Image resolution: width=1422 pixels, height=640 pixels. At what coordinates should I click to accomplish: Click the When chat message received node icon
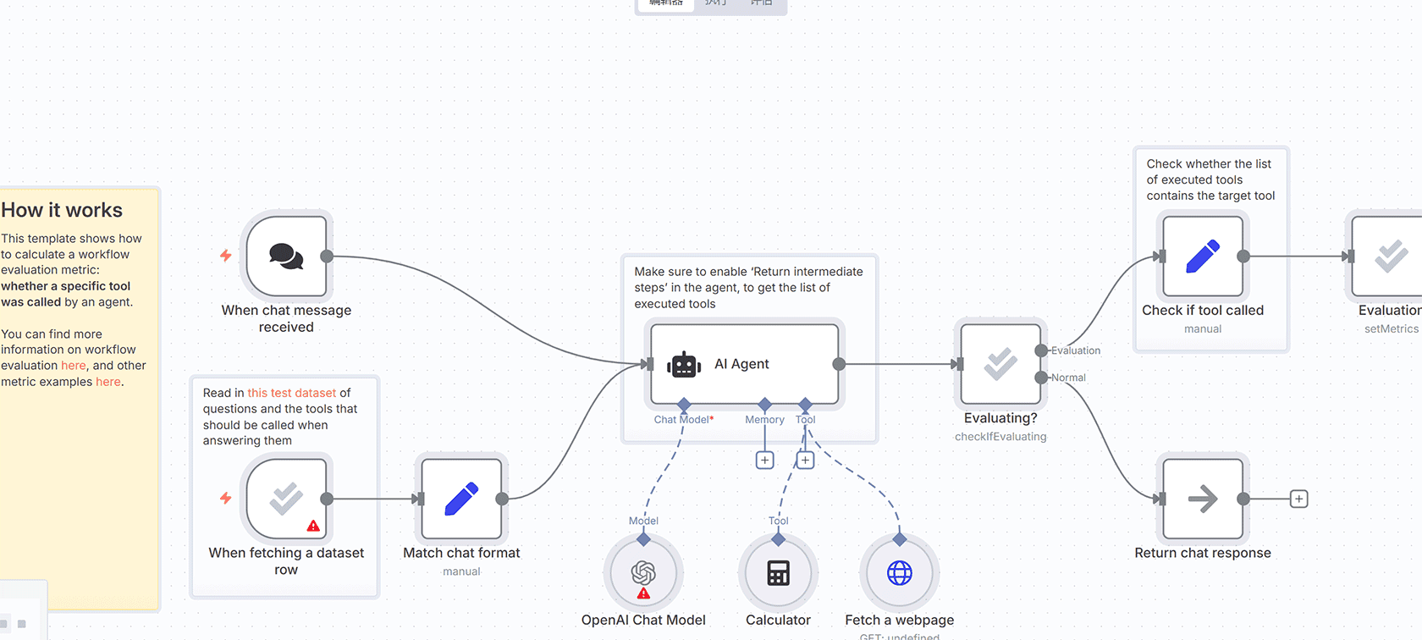click(286, 256)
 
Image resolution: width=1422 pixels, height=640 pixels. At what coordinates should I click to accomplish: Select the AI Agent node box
click(744, 364)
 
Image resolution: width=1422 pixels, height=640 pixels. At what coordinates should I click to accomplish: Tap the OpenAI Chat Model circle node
click(643, 573)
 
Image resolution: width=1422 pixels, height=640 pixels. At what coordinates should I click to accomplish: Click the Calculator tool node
click(778, 573)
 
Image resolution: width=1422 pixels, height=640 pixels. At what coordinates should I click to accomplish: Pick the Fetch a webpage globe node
click(899, 573)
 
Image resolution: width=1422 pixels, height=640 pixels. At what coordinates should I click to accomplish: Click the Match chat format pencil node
click(461, 499)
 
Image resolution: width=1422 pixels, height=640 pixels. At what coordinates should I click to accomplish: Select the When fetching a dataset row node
click(286, 499)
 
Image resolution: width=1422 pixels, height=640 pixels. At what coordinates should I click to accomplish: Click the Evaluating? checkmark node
click(1000, 364)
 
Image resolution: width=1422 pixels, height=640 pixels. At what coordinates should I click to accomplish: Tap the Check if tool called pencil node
click(1203, 256)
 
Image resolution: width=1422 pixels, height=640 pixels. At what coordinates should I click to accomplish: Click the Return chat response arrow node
click(1203, 499)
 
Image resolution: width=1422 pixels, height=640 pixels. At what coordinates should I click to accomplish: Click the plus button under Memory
click(764, 461)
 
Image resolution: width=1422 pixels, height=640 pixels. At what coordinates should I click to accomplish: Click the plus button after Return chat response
click(1298, 499)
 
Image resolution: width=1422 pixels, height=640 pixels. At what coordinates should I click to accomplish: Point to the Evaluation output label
click(1076, 350)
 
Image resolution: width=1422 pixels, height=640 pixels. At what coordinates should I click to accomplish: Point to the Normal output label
click(1068, 378)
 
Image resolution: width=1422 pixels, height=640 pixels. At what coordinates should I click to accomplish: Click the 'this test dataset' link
click(291, 393)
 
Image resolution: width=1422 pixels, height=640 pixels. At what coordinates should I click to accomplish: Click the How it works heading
click(62, 210)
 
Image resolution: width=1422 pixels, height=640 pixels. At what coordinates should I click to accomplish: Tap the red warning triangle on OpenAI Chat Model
click(643, 593)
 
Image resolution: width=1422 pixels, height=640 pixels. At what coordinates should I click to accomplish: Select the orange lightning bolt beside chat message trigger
click(226, 255)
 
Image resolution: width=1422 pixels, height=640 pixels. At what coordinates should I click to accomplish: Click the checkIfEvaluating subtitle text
click(1000, 437)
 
